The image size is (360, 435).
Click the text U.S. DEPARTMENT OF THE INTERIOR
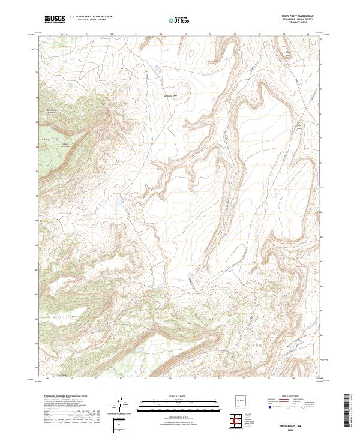[91, 17]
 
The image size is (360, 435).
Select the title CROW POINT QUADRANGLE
[298, 16]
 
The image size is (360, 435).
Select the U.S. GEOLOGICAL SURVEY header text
[88, 20]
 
